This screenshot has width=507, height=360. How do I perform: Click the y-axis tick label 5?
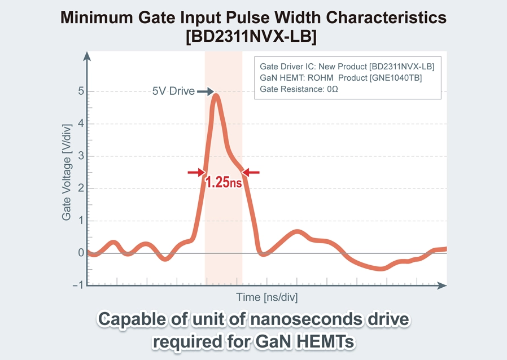pos(81,91)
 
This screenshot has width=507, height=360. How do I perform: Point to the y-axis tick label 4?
pos(81,124)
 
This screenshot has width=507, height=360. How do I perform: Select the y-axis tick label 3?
pos(81,156)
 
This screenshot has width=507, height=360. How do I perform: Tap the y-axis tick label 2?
pos(81,188)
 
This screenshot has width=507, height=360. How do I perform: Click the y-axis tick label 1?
pos(81,221)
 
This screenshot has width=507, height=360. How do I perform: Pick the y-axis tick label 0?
pos(81,253)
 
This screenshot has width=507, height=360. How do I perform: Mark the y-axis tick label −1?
pos(77,286)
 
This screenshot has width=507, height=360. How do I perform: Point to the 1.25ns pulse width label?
pos(224,183)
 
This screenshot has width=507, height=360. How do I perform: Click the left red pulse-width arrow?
pos(195,173)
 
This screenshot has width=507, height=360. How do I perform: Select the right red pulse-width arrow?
pos(251,173)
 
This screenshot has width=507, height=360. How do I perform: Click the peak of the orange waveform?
pos(216,96)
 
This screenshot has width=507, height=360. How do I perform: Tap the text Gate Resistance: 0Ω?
pos(299,89)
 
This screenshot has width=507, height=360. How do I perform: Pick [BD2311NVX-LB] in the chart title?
pos(253,37)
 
